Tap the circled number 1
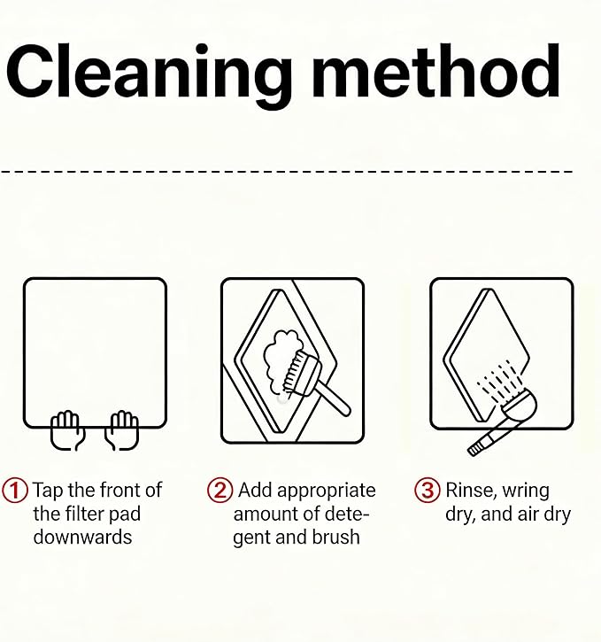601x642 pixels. point(15,490)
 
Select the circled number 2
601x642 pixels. point(220,490)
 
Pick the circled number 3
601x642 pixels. point(428,490)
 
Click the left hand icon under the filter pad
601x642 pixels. point(67,429)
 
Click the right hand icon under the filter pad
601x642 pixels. point(122,429)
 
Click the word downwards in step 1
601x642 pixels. point(82,537)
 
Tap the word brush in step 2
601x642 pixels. point(335,537)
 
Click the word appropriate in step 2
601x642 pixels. point(328,491)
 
